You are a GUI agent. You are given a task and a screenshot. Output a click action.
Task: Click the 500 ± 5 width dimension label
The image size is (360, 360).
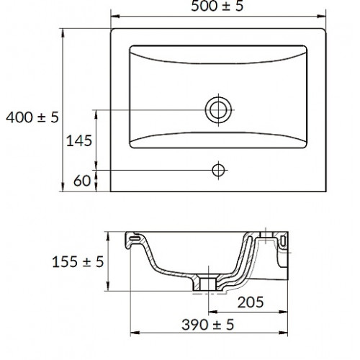point(217,6)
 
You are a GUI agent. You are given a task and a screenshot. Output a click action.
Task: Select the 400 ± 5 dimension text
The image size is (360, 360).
point(32,117)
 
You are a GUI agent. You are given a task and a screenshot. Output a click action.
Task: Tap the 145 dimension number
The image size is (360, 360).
point(79,140)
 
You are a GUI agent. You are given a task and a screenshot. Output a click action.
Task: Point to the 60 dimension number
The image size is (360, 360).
point(82,181)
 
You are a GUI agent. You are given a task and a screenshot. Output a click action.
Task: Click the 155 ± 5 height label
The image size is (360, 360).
point(78,261)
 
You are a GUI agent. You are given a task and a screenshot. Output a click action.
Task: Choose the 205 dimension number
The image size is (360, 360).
point(251,302)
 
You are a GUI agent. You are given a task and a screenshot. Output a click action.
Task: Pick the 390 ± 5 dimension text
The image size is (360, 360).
point(207,325)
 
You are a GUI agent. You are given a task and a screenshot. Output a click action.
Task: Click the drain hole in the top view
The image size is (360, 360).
point(218,110)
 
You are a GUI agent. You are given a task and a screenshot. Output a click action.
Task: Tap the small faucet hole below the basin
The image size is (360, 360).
point(218,171)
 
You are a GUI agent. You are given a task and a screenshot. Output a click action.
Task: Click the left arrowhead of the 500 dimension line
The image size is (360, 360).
point(115,17)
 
